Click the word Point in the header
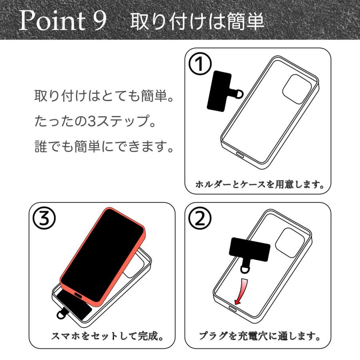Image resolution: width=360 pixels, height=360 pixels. pyautogui.click(x=52, y=21)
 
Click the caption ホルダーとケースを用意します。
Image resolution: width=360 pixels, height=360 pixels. pyautogui.click(x=259, y=185)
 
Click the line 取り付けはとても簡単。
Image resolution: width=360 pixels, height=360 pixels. pyautogui.click(x=105, y=97)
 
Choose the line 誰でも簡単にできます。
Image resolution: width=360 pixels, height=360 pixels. pyautogui.click(x=105, y=148)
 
